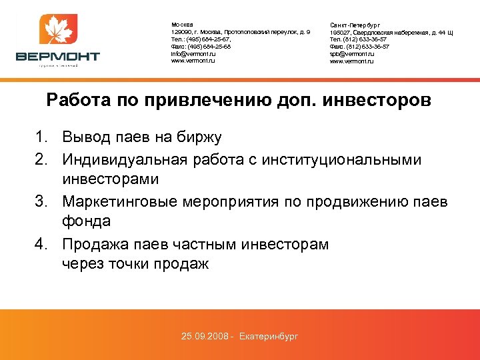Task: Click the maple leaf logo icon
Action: coord(58,31)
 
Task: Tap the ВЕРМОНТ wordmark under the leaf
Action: coord(58,57)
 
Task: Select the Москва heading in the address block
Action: coord(181,25)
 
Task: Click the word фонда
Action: coord(86,221)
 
